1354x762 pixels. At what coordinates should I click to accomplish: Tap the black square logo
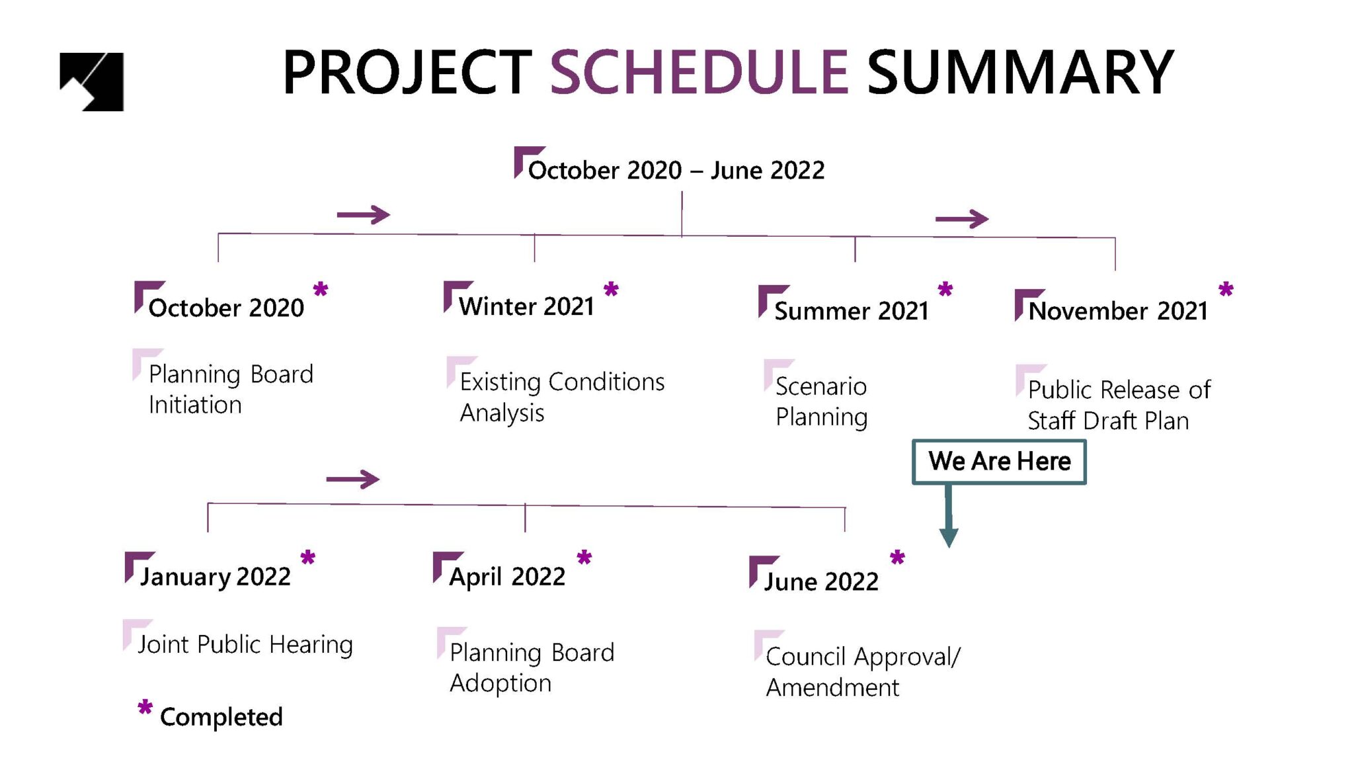coord(92,81)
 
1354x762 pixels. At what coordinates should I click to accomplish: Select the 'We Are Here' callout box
coord(999,462)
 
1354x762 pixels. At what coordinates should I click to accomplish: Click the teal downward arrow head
coord(949,537)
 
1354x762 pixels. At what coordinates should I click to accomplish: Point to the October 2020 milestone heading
coord(226,308)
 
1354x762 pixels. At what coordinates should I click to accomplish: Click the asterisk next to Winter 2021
coord(611,290)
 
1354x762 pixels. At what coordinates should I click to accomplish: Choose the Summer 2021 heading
coord(852,311)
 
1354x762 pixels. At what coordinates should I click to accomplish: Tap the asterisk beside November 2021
coord(1226,290)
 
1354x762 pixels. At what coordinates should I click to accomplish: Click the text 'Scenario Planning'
coord(821,402)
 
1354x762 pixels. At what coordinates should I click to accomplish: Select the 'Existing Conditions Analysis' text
coord(562,397)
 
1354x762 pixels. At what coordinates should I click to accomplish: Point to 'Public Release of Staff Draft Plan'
coord(1119,405)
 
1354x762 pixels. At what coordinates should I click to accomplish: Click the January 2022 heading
coord(215,577)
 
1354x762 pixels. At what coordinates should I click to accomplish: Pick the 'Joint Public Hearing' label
coord(245,644)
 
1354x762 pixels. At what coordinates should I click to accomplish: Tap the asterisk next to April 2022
coord(584,558)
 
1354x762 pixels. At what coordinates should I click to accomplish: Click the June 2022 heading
coord(821,581)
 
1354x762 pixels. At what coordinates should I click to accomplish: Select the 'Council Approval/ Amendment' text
coord(863,671)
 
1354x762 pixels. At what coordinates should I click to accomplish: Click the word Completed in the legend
coord(221,717)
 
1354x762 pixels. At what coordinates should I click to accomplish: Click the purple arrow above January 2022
coord(353,479)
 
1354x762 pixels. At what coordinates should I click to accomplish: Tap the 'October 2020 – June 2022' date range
coord(676,171)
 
